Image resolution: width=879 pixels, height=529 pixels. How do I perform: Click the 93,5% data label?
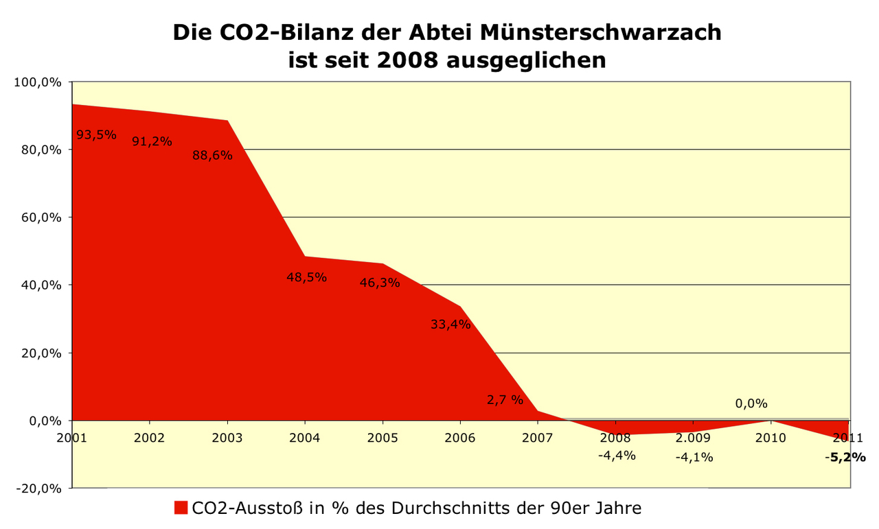pos(96,134)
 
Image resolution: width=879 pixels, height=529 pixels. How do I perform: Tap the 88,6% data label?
pos(212,156)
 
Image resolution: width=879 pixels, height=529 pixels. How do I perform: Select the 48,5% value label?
pos(306,278)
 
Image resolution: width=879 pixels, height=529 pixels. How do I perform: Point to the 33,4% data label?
pos(450,325)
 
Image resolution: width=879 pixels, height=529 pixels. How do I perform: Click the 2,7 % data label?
pos(505,400)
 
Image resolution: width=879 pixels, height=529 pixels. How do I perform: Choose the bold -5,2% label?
pos(845,457)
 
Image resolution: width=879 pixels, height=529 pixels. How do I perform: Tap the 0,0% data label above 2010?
pos(751,403)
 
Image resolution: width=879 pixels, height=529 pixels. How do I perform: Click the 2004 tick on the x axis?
pos(305,437)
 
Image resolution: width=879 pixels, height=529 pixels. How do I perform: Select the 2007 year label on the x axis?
pos(537,437)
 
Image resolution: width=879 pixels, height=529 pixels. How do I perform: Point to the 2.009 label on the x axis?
pos(693,437)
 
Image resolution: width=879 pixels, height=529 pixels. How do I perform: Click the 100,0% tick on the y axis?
pos(38,82)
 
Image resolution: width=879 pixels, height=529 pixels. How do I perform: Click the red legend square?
pos(181,508)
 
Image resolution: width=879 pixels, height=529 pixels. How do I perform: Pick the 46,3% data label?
pos(380,282)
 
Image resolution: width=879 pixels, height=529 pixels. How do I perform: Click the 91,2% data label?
pos(152,141)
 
